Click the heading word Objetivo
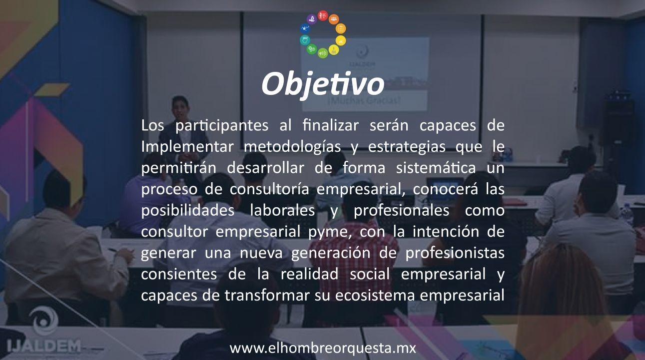point(322,84)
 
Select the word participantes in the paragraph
point(220,126)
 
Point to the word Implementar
point(187,147)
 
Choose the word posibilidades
point(187,211)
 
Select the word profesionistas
point(454,253)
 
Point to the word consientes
point(179,274)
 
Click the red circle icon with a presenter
point(323,16)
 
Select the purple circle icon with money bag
point(312,19)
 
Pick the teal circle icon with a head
point(304,39)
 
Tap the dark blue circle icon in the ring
point(304,28)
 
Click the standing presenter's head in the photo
point(179,104)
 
